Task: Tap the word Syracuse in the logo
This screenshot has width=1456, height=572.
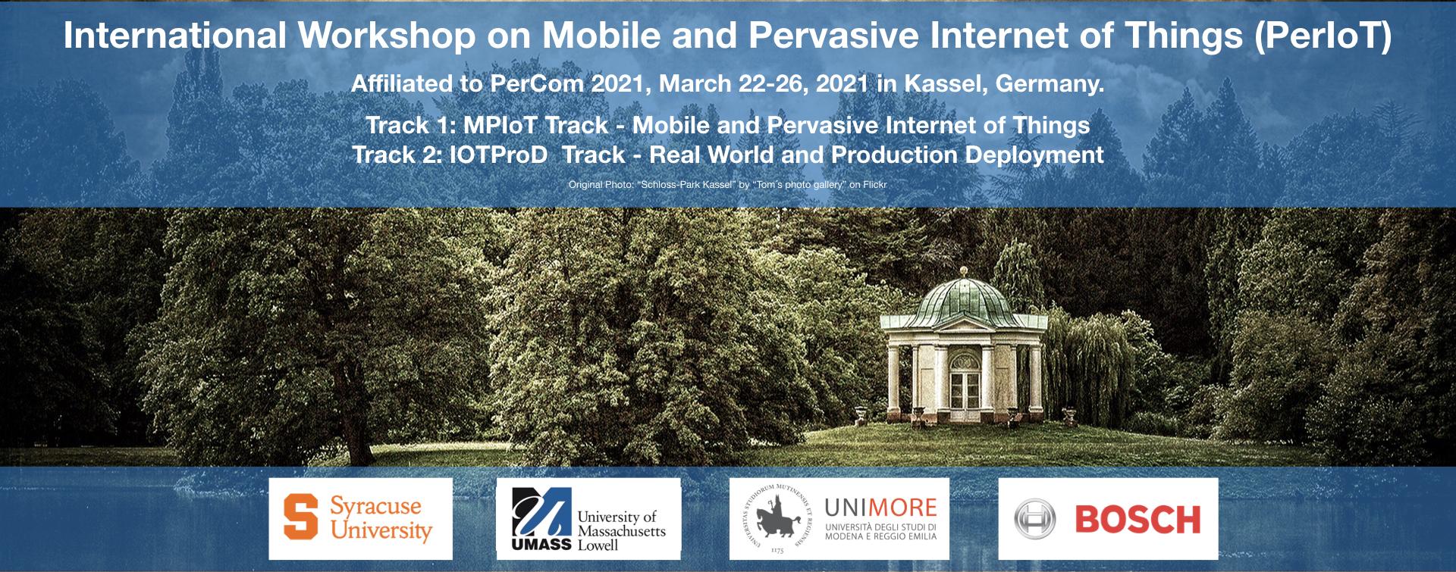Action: tap(375, 507)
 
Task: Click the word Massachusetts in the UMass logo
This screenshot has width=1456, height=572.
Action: tap(622, 531)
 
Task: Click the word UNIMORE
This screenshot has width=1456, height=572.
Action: tap(880, 508)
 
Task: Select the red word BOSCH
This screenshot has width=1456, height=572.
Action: tap(1137, 520)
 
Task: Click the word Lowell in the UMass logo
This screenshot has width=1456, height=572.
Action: tap(598, 545)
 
